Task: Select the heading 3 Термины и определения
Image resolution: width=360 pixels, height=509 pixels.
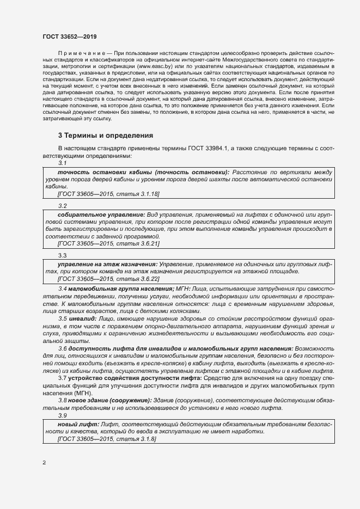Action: [106, 135]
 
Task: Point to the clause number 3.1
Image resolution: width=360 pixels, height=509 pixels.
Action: [62, 163]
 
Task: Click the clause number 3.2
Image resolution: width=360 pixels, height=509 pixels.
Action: [62, 206]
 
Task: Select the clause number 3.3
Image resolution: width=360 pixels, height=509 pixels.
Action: [62, 255]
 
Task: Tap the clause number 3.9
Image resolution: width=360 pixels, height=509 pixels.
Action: [62, 415]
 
